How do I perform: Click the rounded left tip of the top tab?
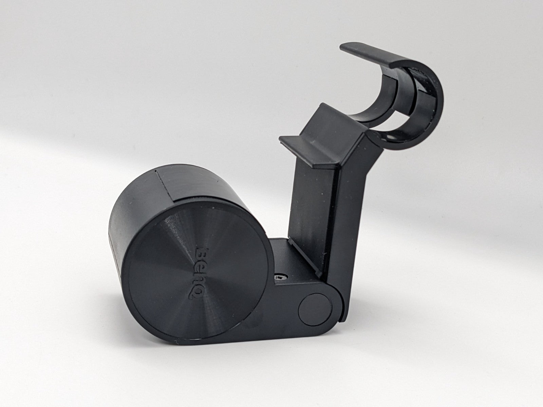[x=343, y=47]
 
